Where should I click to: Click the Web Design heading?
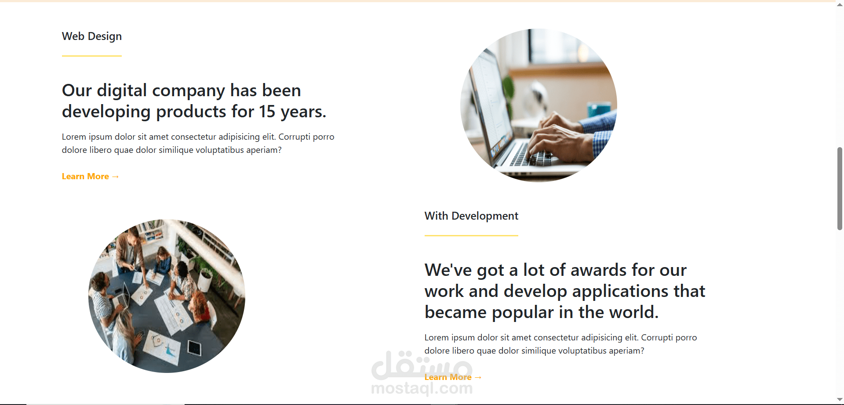92,36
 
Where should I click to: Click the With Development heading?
471,216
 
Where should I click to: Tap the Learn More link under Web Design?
90,176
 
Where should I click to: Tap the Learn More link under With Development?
453,377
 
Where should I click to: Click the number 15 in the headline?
267,112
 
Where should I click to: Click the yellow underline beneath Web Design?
92,56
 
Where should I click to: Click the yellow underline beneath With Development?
471,235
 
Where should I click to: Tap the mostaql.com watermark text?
422,388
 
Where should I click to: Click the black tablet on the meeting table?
194,348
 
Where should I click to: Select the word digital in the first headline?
122,90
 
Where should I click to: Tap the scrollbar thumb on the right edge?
840,189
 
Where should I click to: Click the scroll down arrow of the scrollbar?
840,400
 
